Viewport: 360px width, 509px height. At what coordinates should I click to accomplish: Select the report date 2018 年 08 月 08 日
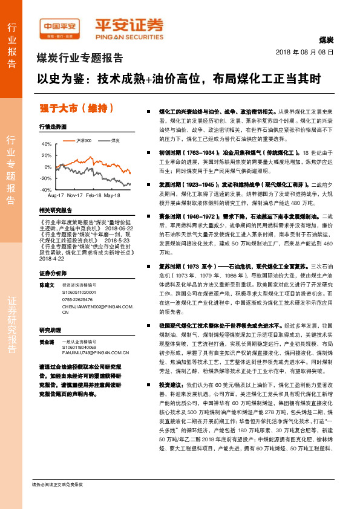pos(305,53)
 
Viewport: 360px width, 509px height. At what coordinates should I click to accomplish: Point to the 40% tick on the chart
pos(47,144)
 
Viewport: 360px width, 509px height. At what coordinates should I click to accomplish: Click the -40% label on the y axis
pos(46,189)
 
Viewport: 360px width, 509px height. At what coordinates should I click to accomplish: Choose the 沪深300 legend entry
pos(83,140)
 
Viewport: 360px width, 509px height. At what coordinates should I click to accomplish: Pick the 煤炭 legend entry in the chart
pos(115,140)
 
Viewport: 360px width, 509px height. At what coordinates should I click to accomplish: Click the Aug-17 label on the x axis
pos(56,196)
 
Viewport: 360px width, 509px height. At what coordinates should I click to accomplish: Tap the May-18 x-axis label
pos(112,196)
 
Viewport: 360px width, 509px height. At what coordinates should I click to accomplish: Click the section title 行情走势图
pos(53,127)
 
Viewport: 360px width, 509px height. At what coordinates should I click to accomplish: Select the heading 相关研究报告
pos(55,210)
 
